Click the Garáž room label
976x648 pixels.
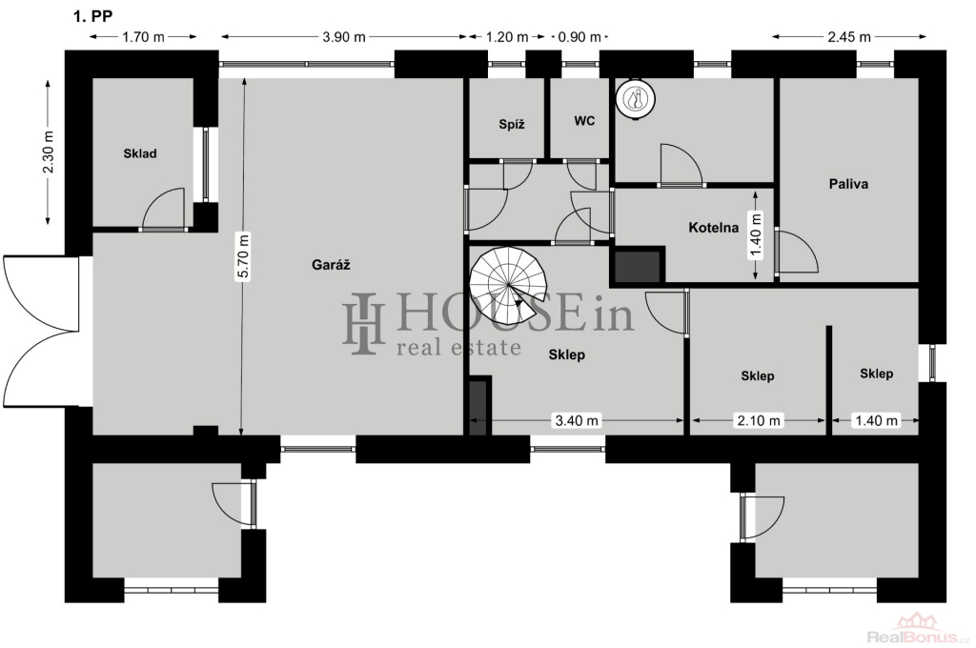(x=331, y=265)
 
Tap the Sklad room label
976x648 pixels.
(x=140, y=153)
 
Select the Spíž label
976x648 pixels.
(x=512, y=125)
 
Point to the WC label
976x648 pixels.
(x=584, y=121)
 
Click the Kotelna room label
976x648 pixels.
(x=713, y=227)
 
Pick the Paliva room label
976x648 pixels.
(x=848, y=184)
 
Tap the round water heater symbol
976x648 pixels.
(x=636, y=98)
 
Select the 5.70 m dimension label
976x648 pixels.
(x=244, y=256)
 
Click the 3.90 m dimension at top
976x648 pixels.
(x=343, y=37)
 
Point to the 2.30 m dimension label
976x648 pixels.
(x=50, y=152)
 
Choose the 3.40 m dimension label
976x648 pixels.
(x=577, y=421)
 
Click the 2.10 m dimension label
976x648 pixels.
(x=758, y=421)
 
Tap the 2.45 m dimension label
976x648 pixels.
(x=849, y=37)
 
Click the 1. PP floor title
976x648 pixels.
(x=93, y=17)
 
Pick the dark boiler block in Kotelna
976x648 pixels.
(x=638, y=265)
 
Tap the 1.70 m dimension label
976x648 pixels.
(x=143, y=37)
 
